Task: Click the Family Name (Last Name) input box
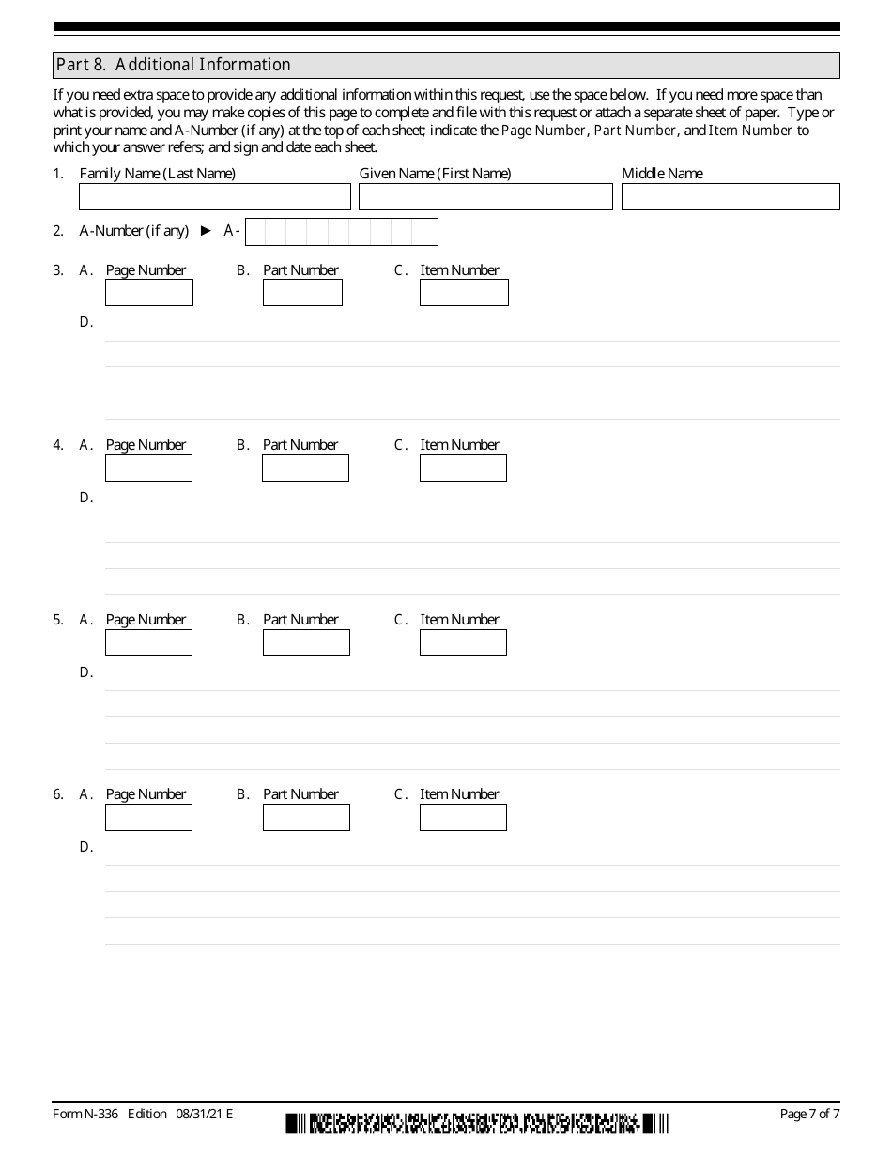coord(215,196)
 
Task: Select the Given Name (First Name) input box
coord(485,196)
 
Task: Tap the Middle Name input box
coord(731,196)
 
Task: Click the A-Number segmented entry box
coord(341,231)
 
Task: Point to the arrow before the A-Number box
coord(207,231)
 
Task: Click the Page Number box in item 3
coord(149,293)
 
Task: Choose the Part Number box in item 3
coord(302,293)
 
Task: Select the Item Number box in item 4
coord(463,468)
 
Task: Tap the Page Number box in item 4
coord(149,468)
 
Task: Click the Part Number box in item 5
coord(306,642)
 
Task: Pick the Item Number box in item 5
coord(463,642)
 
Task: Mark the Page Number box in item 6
coord(149,817)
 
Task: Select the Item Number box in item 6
coord(463,817)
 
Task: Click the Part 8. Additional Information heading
coord(174,65)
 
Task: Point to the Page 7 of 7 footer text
coord(809,1115)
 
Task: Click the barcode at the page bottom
coord(477,1123)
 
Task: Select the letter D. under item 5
coord(86,672)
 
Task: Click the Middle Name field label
coord(662,174)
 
